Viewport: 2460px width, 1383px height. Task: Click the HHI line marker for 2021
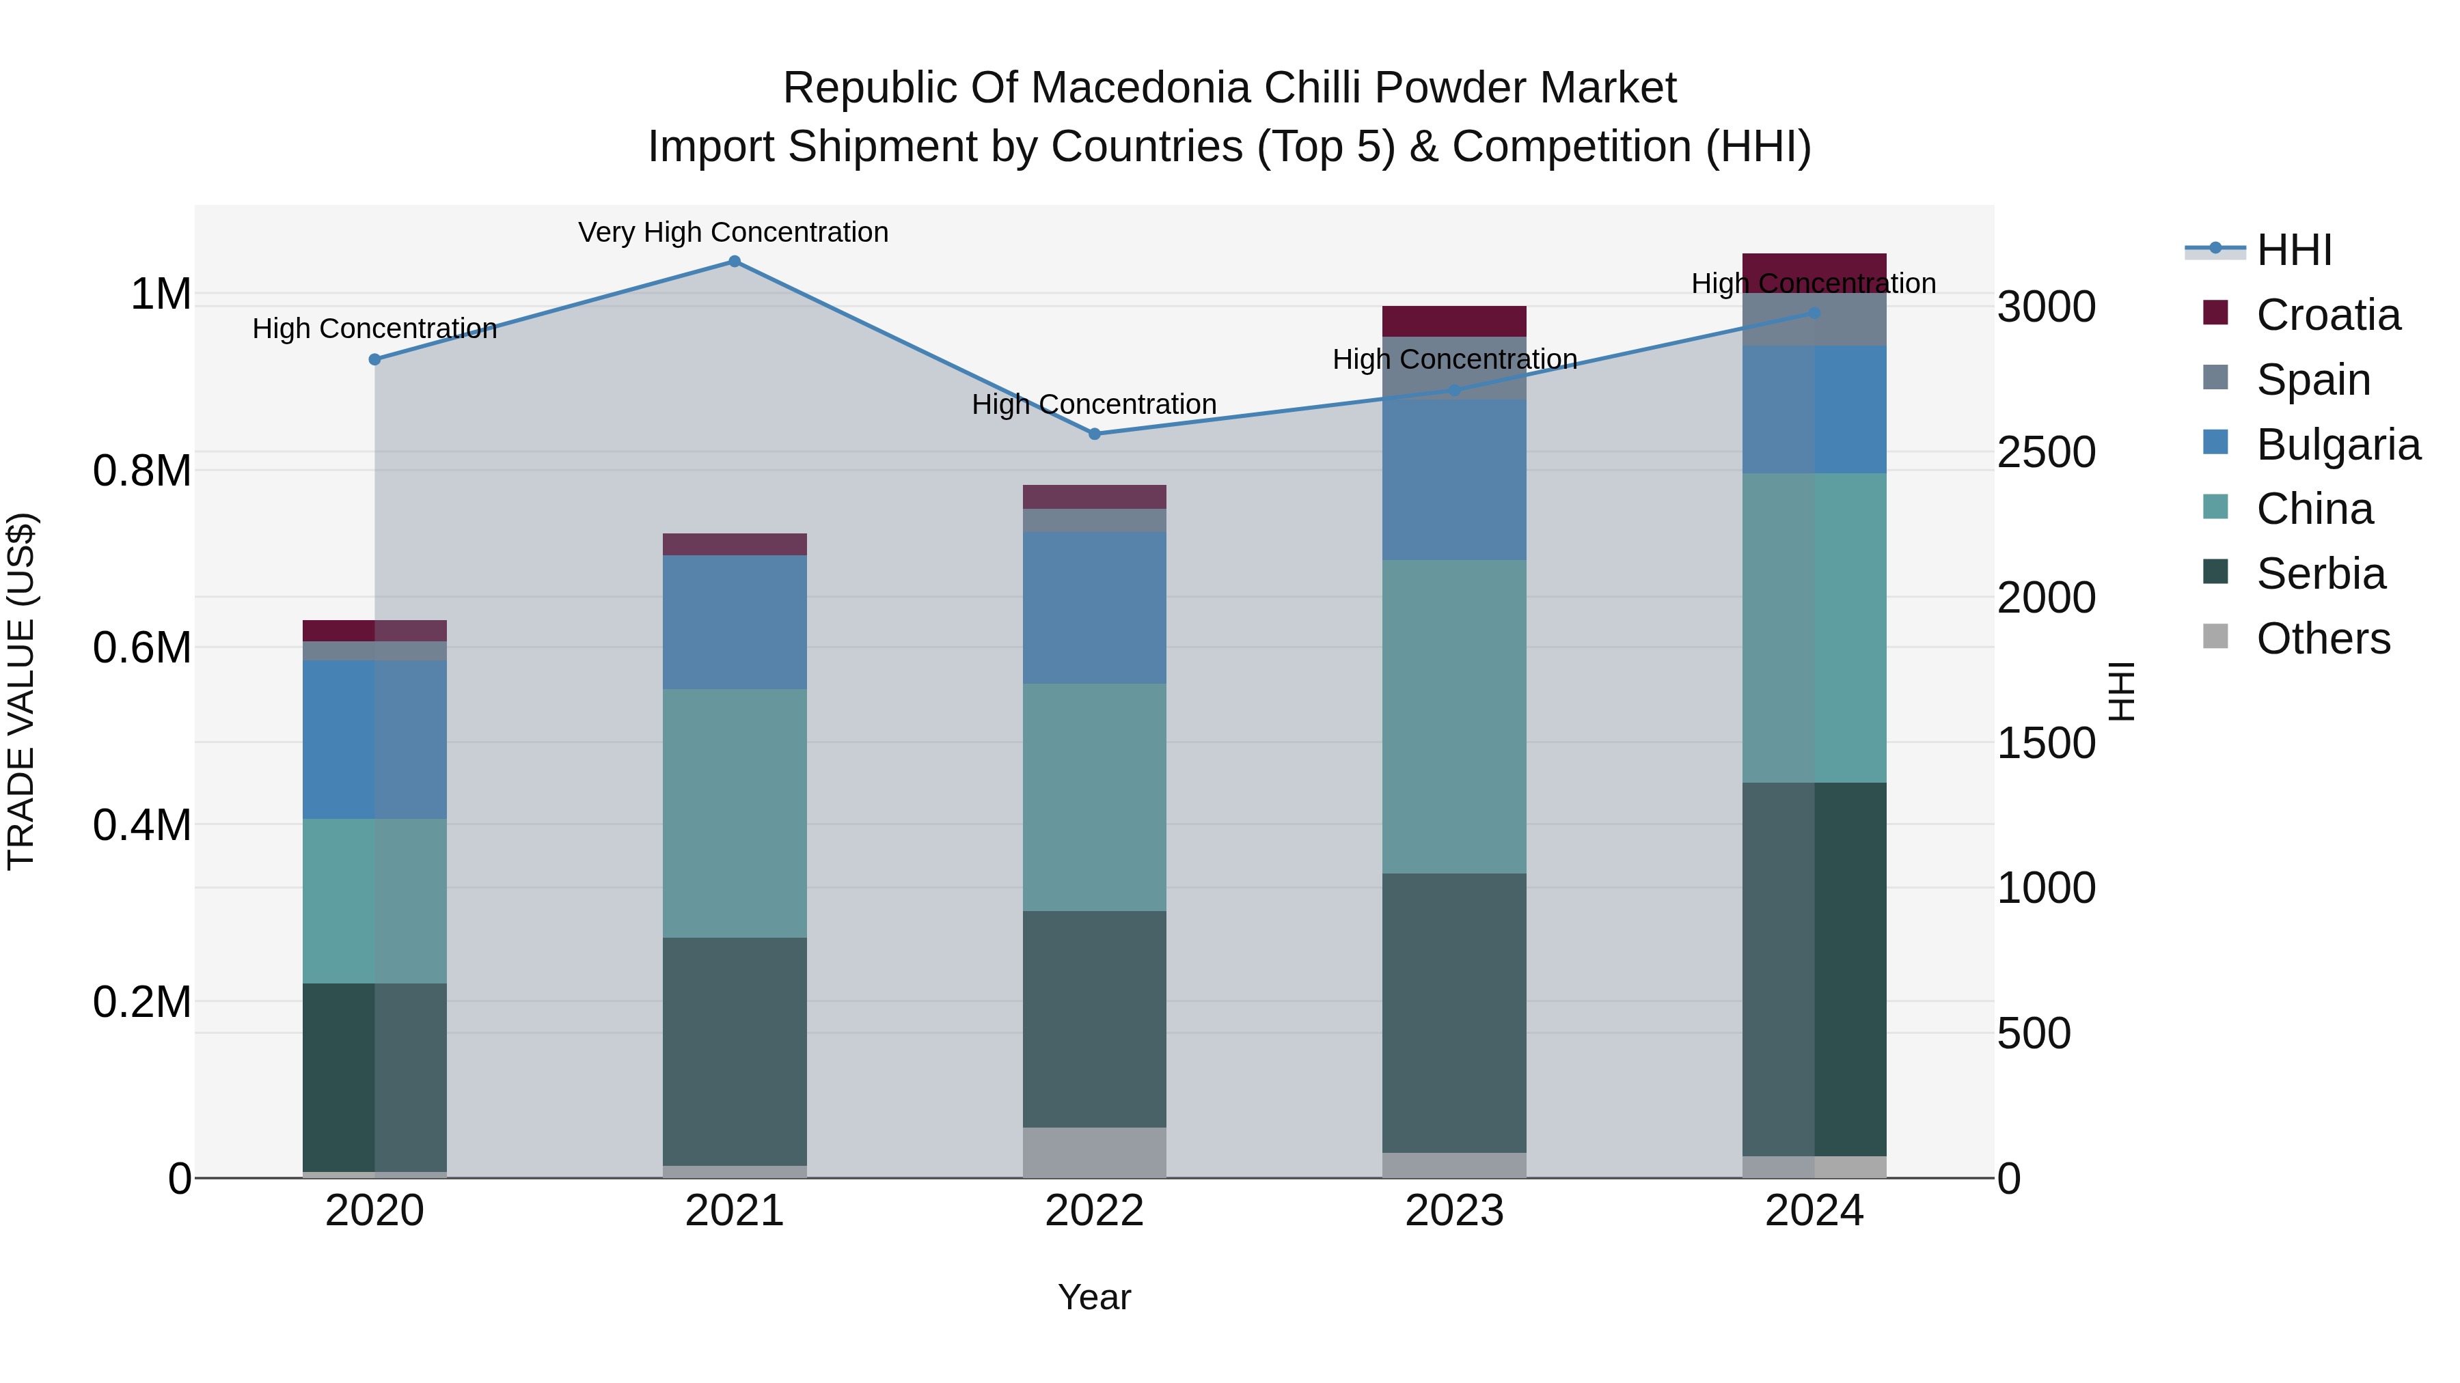735,262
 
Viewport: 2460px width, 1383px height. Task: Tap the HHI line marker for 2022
1095,434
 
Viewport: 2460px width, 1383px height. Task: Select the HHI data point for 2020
375,360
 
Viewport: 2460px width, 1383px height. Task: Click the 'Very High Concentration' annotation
733,233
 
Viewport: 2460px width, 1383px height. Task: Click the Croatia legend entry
2327,315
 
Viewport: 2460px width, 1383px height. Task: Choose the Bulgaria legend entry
2338,445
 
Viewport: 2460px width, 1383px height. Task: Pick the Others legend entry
2323,639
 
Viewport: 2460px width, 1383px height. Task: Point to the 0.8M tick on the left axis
142,471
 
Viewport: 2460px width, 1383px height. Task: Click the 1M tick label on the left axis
161,294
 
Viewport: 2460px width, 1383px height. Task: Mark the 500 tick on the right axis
2034,1034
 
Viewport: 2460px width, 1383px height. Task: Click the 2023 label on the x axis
1454,1211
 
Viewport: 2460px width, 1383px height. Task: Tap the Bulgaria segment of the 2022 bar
1095,607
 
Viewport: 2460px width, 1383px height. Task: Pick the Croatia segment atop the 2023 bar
1454,322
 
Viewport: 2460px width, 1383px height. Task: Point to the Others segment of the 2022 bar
1095,1153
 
